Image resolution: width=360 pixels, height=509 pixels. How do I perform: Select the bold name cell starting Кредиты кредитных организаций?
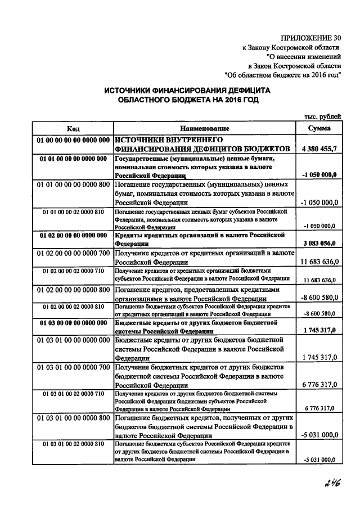(205, 239)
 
